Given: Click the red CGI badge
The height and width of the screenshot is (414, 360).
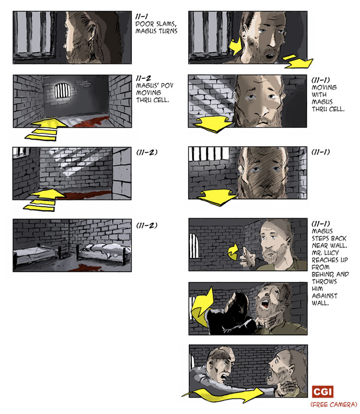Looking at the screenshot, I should pos(322,392).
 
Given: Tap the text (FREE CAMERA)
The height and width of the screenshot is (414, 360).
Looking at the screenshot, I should pos(333,404).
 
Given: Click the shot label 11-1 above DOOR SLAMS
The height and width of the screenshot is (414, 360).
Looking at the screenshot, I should pos(142,16).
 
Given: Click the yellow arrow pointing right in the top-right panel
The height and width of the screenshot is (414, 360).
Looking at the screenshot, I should pos(297,62).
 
